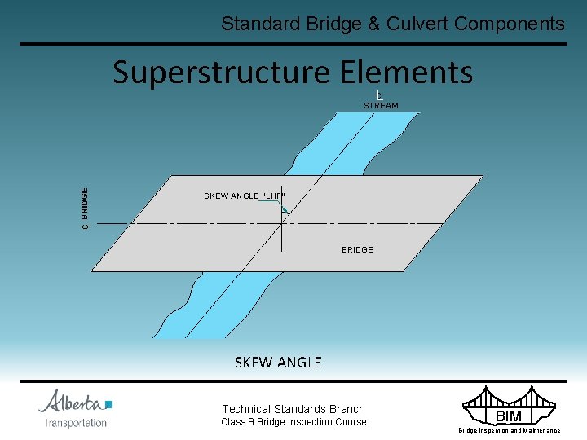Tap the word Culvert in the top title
coord(410,24)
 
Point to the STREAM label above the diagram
coord(381,106)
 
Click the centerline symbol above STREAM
coord(380,95)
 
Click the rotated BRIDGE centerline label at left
coord(85,208)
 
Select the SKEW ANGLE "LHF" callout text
coord(245,196)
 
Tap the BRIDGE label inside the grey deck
coord(357,249)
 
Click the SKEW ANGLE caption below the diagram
coord(278,363)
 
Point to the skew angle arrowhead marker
coord(284,210)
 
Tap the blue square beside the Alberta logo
coord(108,403)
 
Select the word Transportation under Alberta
coord(76,422)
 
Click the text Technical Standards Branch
coord(293,409)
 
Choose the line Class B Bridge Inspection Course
coord(293,422)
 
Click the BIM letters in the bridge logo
coord(508,416)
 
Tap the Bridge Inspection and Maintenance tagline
coord(509,430)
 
